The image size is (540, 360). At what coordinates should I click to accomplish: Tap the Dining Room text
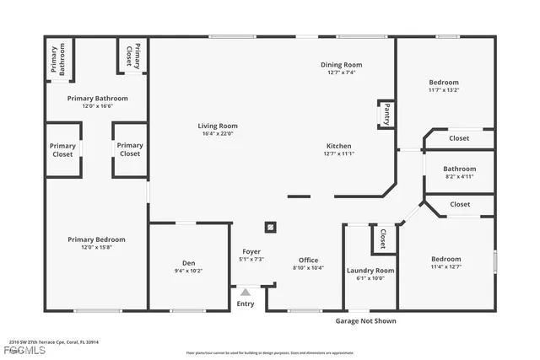[342, 65]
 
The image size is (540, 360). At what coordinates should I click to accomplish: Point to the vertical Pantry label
[386, 113]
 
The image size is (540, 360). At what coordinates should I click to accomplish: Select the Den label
[189, 263]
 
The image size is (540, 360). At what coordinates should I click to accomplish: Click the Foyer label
[251, 252]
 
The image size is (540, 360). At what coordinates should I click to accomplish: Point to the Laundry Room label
[370, 270]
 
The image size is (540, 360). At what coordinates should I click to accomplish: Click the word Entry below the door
[246, 304]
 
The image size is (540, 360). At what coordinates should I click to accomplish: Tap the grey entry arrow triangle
[246, 292]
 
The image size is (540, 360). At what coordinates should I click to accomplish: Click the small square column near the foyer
[271, 226]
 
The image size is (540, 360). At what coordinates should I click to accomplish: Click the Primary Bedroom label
[95, 239]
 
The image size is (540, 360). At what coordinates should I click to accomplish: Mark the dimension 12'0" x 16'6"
[97, 106]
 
